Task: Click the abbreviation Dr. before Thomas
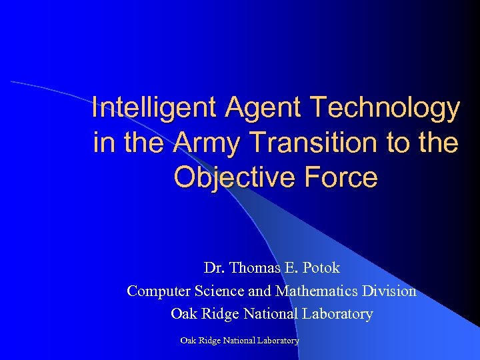214,268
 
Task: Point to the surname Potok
321,268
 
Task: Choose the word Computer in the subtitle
157,291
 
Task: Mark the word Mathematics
316,291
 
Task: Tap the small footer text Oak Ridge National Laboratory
240,341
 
